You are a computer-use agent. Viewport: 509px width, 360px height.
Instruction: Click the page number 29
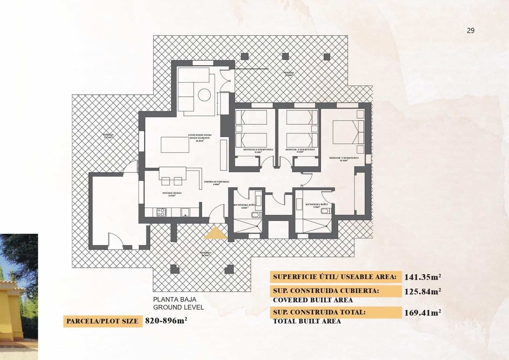[471, 31]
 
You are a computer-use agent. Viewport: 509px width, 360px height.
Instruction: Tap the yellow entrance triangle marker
[215, 234]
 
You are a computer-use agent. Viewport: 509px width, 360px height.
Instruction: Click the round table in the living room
[204, 95]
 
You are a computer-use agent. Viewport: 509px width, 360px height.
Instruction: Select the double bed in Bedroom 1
[348, 132]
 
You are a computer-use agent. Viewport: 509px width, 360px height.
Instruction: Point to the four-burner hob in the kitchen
[161, 212]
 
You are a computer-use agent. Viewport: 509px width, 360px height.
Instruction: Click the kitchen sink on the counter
[185, 212]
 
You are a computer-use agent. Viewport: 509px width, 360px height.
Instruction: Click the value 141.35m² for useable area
[422, 277]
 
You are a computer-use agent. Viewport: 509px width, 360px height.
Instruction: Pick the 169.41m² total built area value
[422, 313]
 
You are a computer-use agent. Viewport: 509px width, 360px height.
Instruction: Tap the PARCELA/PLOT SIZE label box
[102, 321]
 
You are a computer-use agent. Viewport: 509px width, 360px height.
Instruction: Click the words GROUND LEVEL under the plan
[178, 307]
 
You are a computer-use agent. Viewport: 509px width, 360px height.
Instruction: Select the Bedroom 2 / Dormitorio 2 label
[258, 149]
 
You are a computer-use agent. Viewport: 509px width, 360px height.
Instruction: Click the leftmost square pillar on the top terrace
[244, 57]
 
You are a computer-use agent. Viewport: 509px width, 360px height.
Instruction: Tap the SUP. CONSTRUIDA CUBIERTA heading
[326, 291]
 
